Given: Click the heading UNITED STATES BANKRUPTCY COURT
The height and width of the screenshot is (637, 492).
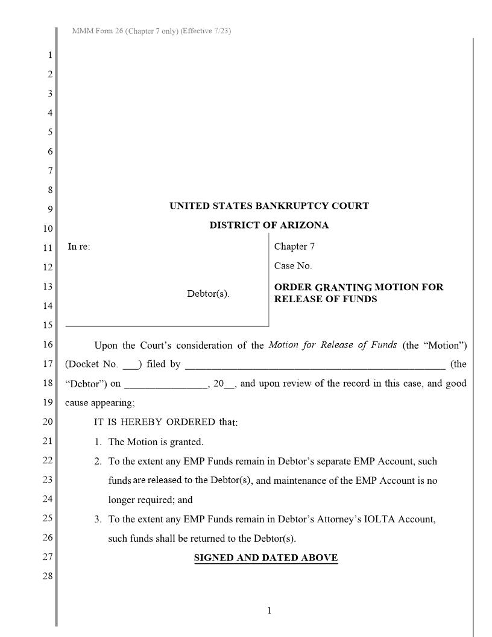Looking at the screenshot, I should [269, 206].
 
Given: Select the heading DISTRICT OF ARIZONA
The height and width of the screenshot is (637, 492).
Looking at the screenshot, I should [269, 225].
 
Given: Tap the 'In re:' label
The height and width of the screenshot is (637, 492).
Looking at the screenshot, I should [79, 246].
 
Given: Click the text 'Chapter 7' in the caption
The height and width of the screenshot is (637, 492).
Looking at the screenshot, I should [294, 246].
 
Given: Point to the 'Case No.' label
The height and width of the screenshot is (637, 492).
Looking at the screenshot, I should [293, 265].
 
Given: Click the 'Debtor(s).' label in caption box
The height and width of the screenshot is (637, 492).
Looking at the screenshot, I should [208, 294].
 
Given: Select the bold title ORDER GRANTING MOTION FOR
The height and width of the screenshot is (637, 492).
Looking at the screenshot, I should [359, 287].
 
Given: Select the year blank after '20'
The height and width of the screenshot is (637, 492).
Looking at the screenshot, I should [229, 384].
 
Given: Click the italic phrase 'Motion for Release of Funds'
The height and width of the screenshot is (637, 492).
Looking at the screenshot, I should [332, 345].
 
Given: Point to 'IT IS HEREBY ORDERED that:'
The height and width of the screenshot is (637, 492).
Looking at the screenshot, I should [166, 422].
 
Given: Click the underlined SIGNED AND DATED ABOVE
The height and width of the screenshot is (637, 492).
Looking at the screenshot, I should [265, 557].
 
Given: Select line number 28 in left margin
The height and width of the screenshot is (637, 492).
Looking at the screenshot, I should [48, 576].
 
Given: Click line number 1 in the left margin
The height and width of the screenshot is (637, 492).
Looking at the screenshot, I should [50, 55].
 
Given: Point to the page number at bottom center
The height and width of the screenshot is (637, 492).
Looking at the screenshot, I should [270, 610].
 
